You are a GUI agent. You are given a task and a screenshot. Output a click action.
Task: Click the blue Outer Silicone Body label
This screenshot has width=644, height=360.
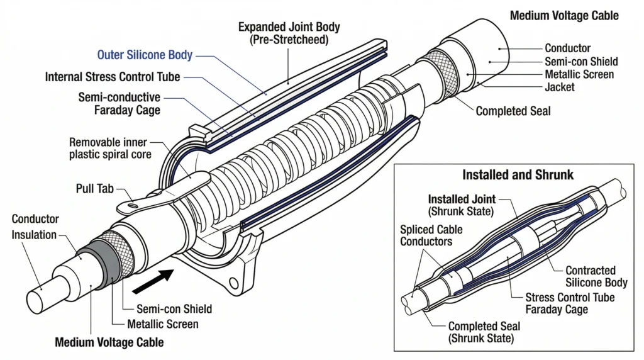pos(145,55)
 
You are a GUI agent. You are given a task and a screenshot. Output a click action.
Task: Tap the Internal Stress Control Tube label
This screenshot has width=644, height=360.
pos(113,77)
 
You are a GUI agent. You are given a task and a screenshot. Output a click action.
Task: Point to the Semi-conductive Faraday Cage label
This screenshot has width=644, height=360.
pos(119,104)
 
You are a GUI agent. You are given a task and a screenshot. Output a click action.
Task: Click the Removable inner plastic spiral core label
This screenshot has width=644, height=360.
pos(110,149)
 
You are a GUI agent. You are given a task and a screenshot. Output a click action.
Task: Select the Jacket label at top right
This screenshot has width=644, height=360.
pos(559,87)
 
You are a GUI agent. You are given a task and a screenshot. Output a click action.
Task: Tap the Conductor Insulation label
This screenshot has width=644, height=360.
pos(36,227)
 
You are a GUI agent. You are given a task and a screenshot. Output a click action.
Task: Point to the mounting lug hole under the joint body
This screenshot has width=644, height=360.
pos(236,282)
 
